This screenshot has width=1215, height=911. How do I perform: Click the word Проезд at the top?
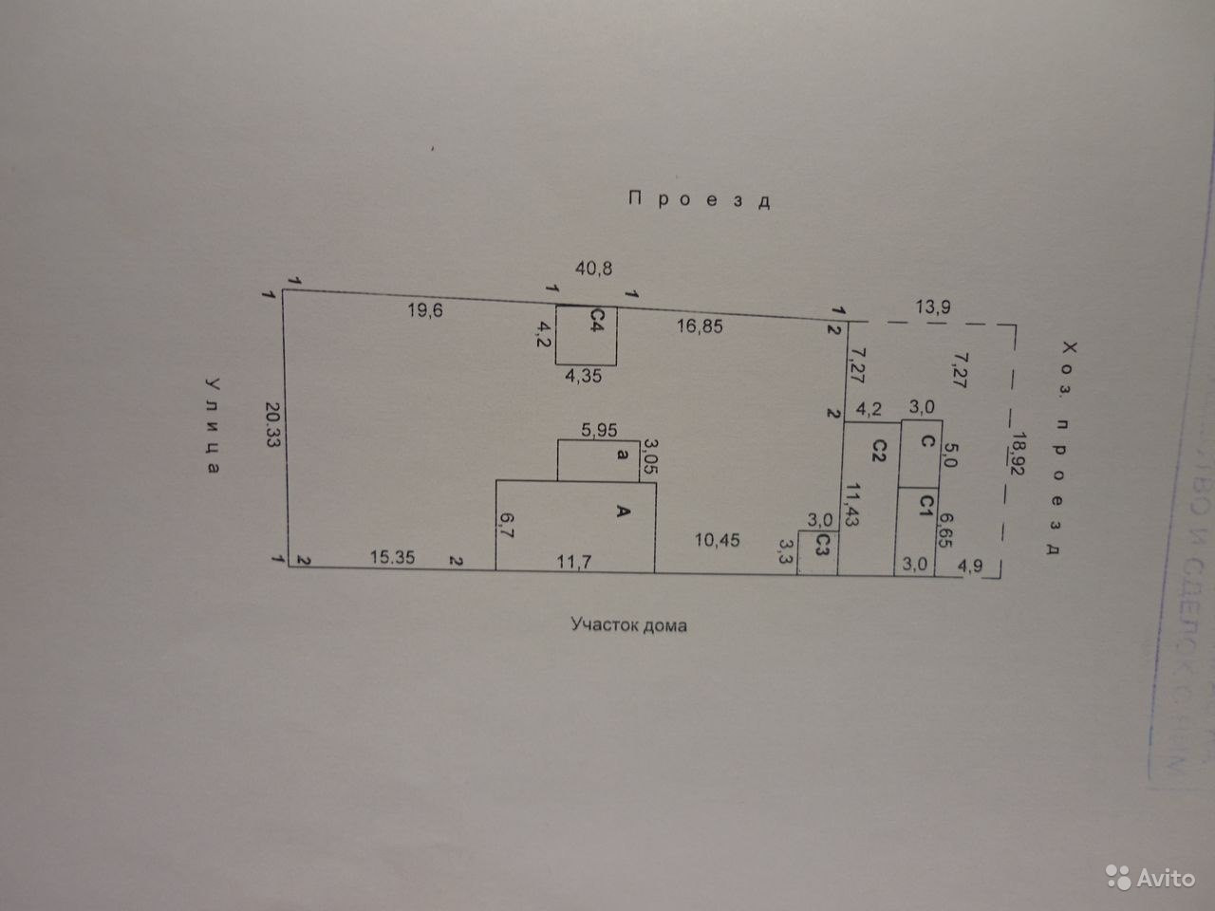698,199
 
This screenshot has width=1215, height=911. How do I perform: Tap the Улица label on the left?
214,426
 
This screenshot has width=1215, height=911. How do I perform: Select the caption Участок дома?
628,625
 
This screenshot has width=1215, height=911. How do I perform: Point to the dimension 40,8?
594,269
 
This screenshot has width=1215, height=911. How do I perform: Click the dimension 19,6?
425,309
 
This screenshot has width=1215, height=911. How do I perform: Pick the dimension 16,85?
700,325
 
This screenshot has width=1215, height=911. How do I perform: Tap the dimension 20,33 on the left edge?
273,426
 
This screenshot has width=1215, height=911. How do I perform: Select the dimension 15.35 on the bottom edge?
393,559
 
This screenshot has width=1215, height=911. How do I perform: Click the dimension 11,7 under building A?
575,561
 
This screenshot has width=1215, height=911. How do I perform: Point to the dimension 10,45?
717,540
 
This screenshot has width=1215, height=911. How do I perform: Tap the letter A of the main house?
623,512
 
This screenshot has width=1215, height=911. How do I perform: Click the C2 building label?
878,448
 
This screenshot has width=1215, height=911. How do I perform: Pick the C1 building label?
920,505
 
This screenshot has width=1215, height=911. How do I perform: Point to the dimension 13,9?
933,307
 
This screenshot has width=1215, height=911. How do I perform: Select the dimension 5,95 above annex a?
599,430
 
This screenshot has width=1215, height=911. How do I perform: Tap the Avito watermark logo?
1150,878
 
